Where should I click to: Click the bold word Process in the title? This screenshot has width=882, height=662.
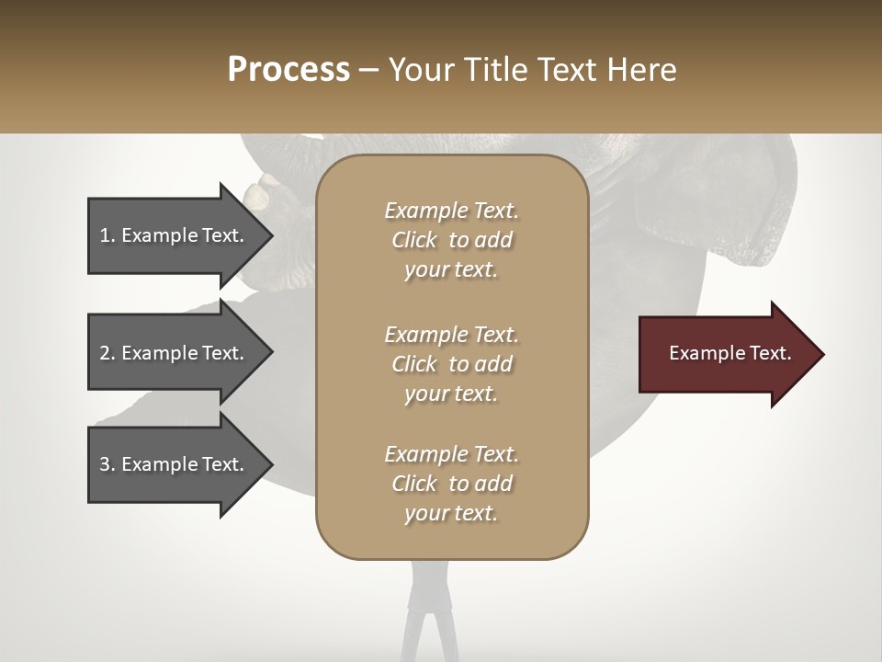tap(288, 70)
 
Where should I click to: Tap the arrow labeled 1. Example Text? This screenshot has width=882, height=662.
tap(175, 236)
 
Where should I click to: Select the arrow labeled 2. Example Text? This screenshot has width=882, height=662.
tap(175, 353)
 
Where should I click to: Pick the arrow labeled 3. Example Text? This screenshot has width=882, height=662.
tap(175, 464)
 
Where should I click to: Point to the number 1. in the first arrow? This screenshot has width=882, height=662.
tap(107, 236)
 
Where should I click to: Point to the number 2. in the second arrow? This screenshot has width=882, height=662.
tap(107, 353)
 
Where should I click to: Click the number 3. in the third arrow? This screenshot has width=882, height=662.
tap(107, 464)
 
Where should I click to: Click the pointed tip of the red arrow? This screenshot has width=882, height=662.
tap(820, 354)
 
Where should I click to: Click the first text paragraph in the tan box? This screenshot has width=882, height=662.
tap(451, 240)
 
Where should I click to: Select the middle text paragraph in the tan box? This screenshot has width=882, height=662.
tap(451, 364)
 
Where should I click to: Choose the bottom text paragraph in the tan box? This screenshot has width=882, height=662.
tap(451, 484)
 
